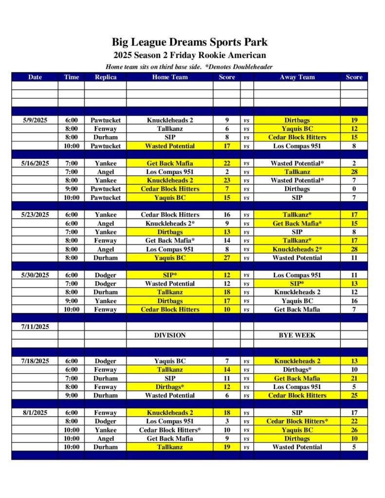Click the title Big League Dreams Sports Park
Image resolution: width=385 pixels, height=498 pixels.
click(190, 42)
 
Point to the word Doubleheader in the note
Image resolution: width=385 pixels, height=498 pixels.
click(251, 67)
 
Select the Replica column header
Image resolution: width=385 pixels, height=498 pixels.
click(106, 77)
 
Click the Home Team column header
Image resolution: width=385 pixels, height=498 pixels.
click(169, 77)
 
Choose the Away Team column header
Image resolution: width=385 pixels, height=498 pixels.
click(297, 77)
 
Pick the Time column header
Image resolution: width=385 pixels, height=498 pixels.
click(71, 77)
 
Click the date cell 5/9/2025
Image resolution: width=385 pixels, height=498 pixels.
click(35, 120)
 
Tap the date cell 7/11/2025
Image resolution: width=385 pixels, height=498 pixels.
click(35, 327)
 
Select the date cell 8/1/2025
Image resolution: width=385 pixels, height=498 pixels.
click(35, 413)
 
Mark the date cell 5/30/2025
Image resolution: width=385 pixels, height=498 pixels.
click(35, 275)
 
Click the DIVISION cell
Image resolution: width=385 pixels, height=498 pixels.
click(169, 335)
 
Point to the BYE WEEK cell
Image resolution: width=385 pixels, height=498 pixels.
click(297, 335)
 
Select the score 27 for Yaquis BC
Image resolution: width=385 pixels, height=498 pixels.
click(227, 258)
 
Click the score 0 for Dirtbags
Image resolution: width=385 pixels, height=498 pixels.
click(354, 189)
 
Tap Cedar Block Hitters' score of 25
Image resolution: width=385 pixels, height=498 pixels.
click(354, 395)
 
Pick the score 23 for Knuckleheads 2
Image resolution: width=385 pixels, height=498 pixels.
click(227, 180)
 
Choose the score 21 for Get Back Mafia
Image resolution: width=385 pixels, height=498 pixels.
click(354, 378)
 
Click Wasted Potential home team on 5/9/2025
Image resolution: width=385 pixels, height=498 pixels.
click(169, 146)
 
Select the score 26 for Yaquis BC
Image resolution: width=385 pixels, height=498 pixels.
click(354, 430)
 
